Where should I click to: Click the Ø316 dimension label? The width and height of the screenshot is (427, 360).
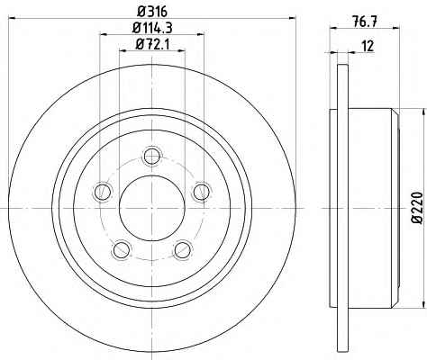(x=152, y=12)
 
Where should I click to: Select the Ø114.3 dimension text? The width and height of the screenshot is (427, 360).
(x=152, y=28)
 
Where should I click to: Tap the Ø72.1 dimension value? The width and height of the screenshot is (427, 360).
(x=152, y=45)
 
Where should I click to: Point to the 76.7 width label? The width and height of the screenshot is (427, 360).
(x=365, y=22)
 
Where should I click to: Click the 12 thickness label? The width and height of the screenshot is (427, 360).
(x=368, y=46)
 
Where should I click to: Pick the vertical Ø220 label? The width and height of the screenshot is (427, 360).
(x=417, y=207)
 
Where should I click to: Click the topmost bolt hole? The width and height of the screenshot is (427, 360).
(x=152, y=156)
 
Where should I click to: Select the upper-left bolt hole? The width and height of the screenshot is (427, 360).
(x=103, y=192)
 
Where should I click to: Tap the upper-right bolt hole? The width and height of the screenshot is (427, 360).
(x=202, y=192)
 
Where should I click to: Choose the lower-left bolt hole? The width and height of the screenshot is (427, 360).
(x=122, y=249)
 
